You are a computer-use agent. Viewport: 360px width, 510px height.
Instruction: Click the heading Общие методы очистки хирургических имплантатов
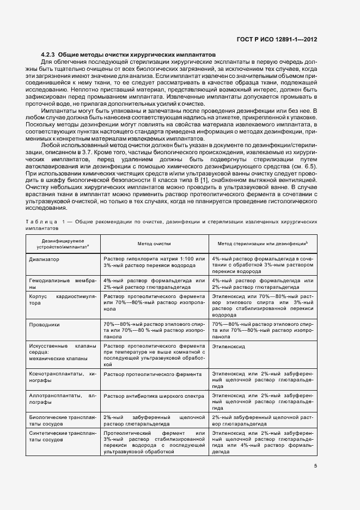137,55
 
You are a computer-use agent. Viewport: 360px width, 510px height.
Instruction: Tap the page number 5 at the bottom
315,465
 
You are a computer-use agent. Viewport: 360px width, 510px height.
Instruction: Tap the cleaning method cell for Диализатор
154,262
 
